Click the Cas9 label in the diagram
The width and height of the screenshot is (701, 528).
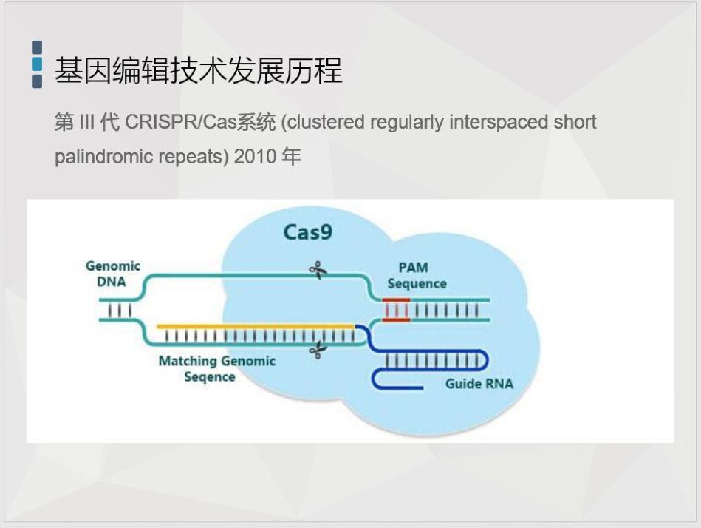pos(307,232)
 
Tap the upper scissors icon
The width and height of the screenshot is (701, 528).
pos(318,271)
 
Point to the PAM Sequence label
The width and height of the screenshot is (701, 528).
pos(417,276)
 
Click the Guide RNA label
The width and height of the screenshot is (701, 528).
pos(479,384)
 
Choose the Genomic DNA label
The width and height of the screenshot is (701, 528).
pos(112,274)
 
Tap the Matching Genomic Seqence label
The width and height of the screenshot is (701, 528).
pos(216,368)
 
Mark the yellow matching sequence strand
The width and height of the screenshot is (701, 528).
pos(255,325)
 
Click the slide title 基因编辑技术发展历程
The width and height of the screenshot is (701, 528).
pos(199,71)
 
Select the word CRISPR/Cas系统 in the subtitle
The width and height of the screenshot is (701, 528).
pos(200,122)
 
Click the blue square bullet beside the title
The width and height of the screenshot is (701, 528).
pos(37,64)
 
